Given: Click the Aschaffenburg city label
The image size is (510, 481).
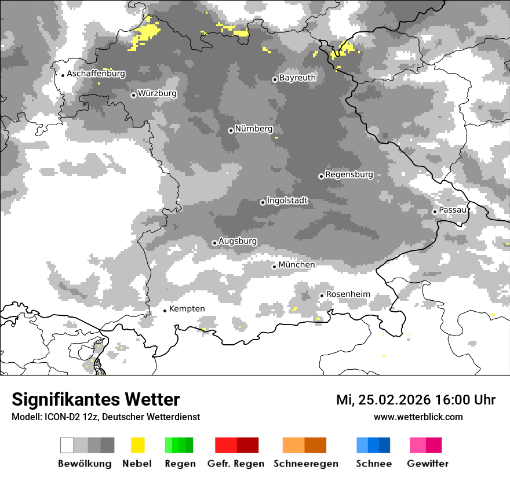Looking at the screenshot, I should (x=96, y=74).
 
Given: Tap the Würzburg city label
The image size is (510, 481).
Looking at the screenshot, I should (x=157, y=93).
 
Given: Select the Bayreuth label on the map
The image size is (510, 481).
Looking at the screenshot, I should (x=297, y=78).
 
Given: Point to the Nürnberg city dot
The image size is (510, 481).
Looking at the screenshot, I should (x=231, y=130).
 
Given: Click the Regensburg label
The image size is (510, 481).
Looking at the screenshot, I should (x=349, y=174).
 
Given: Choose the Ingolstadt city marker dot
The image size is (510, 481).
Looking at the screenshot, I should (x=263, y=202).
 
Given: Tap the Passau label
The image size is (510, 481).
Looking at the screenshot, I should (x=453, y=210).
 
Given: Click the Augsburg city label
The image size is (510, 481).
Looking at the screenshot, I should (x=238, y=241).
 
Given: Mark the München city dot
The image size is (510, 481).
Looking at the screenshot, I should (x=275, y=267).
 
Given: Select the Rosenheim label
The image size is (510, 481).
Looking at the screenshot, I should (x=348, y=294).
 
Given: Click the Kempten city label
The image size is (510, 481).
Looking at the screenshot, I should (x=187, y=309).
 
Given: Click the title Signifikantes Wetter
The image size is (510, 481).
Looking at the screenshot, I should (x=96, y=399).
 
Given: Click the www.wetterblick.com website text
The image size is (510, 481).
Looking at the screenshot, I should (x=418, y=417).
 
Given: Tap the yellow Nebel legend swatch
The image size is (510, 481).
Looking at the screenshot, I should (x=137, y=445).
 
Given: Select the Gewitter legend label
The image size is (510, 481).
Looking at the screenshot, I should (x=427, y=464).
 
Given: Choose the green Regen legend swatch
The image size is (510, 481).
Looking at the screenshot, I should (x=179, y=445).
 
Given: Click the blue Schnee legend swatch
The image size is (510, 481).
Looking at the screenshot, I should (x=373, y=445).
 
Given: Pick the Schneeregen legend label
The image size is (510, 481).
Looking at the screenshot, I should (x=306, y=464).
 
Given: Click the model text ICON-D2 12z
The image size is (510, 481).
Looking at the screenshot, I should (x=70, y=417).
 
